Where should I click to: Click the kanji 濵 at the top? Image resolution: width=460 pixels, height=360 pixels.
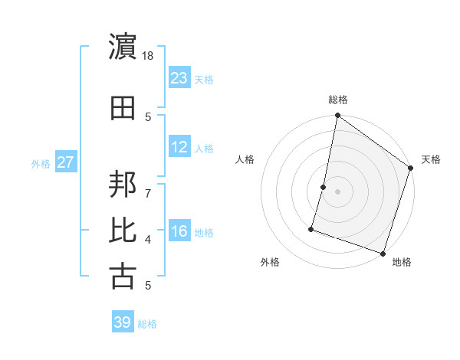tap(123, 47)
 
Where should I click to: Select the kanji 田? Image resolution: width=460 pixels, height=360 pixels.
tap(123, 107)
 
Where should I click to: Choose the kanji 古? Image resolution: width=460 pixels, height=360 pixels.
tap(123, 276)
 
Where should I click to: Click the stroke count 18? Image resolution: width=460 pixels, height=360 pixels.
tap(148, 56)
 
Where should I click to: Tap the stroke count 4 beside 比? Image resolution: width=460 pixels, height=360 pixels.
tap(148, 240)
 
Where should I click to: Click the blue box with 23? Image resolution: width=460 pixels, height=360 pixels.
tap(179, 78)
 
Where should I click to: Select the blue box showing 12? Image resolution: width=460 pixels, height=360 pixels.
tap(179, 147)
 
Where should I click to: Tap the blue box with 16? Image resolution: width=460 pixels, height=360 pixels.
tap(179, 231)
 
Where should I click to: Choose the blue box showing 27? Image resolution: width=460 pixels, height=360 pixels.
tap(65, 162)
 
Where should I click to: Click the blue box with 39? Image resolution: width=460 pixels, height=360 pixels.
tap(123, 322)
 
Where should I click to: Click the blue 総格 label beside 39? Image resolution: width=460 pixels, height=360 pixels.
tap(148, 324)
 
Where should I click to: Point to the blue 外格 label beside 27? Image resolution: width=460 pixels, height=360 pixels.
tap(41, 164)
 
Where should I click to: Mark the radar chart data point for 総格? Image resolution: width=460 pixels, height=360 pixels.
tap(337, 116)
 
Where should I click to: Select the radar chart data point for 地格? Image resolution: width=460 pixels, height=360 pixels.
tap(383, 253)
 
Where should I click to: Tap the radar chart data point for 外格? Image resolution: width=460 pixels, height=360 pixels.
tap(312, 228)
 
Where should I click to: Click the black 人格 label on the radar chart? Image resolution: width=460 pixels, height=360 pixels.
tap(245, 159)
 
